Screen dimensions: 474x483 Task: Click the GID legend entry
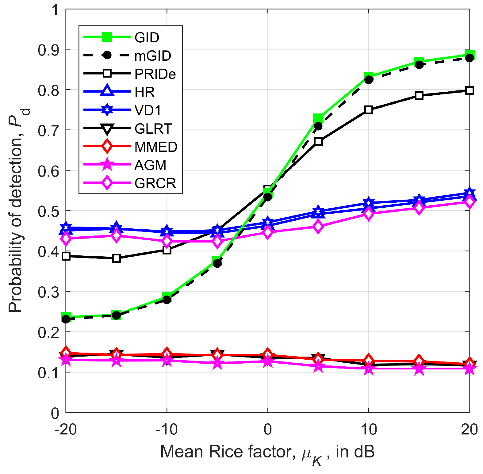pyautogui.click(x=147, y=38)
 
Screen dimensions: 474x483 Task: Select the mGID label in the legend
pyautogui.click(x=153, y=56)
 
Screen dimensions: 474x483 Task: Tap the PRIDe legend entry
pyautogui.click(x=155, y=74)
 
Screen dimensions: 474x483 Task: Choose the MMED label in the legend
pyautogui.click(x=156, y=147)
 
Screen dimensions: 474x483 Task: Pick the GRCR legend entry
pyautogui.click(x=155, y=183)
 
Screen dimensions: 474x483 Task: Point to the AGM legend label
pyautogui.click(x=150, y=165)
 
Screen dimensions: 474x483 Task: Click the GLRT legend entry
pyautogui.click(x=153, y=129)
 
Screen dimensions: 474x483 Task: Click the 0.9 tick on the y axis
pyautogui.click(x=48, y=50)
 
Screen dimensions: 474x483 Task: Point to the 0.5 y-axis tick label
pyautogui.click(x=48, y=211)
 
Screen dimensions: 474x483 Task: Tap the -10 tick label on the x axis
pyautogui.click(x=167, y=430)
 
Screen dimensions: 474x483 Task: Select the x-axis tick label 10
pyautogui.click(x=368, y=430)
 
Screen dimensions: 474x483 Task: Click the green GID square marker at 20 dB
pyautogui.click(x=470, y=54)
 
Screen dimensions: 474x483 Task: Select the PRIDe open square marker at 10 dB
pyautogui.click(x=369, y=110)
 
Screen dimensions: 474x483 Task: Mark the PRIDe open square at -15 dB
pyautogui.click(x=116, y=258)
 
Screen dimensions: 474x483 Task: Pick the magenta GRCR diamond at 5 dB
pyautogui.click(x=318, y=227)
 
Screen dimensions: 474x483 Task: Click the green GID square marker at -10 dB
pyautogui.click(x=167, y=297)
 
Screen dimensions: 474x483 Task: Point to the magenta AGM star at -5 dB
pyautogui.click(x=217, y=363)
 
